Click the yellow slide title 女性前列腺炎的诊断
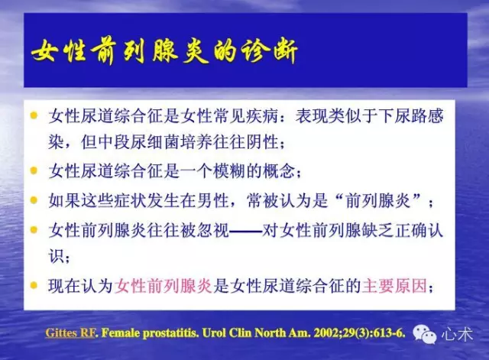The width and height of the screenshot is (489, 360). click(164, 51)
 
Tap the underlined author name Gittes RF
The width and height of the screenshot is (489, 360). click(70, 333)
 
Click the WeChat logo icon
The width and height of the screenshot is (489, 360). click(425, 334)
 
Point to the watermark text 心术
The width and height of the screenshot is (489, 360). click(457, 335)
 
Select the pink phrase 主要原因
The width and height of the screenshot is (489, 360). click(394, 285)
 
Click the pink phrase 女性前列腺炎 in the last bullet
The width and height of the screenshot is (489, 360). click(164, 285)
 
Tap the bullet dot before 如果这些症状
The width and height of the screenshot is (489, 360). click(34, 200)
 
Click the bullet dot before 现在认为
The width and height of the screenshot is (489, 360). click(34, 285)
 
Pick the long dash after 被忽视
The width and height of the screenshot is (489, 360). click(245, 232)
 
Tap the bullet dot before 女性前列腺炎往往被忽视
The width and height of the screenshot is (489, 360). click(34, 230)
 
